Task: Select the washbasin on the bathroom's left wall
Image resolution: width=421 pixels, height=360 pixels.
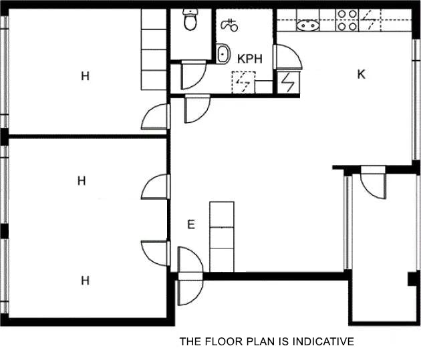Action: pyautogui.click(x=223, y=54)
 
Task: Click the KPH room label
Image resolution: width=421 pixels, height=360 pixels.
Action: pyautogui.click(x=250, y=59)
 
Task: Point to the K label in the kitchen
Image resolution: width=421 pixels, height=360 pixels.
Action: pyautogui.click(x=361, y=74)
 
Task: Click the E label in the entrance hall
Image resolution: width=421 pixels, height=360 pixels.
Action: pyautogui.click(x=190, y=224)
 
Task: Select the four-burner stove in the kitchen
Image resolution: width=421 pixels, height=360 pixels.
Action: pyautogui.click(x=346, y=20)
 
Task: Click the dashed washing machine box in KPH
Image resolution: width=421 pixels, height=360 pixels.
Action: pyautogui.click(x=242, y=81)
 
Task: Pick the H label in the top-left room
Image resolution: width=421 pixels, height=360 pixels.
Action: pyautogui.click(x=85, y=76)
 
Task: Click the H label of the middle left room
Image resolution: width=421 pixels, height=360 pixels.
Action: pyautogui.click(x=82, y=180)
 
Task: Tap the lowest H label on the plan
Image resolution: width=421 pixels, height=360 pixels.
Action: pyautogui.click(x=85, y=281)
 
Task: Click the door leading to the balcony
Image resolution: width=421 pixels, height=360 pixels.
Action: pyautogui.click(x=372, y=184)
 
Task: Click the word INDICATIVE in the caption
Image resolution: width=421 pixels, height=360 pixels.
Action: pyautogui.click(x=319, y=343)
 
